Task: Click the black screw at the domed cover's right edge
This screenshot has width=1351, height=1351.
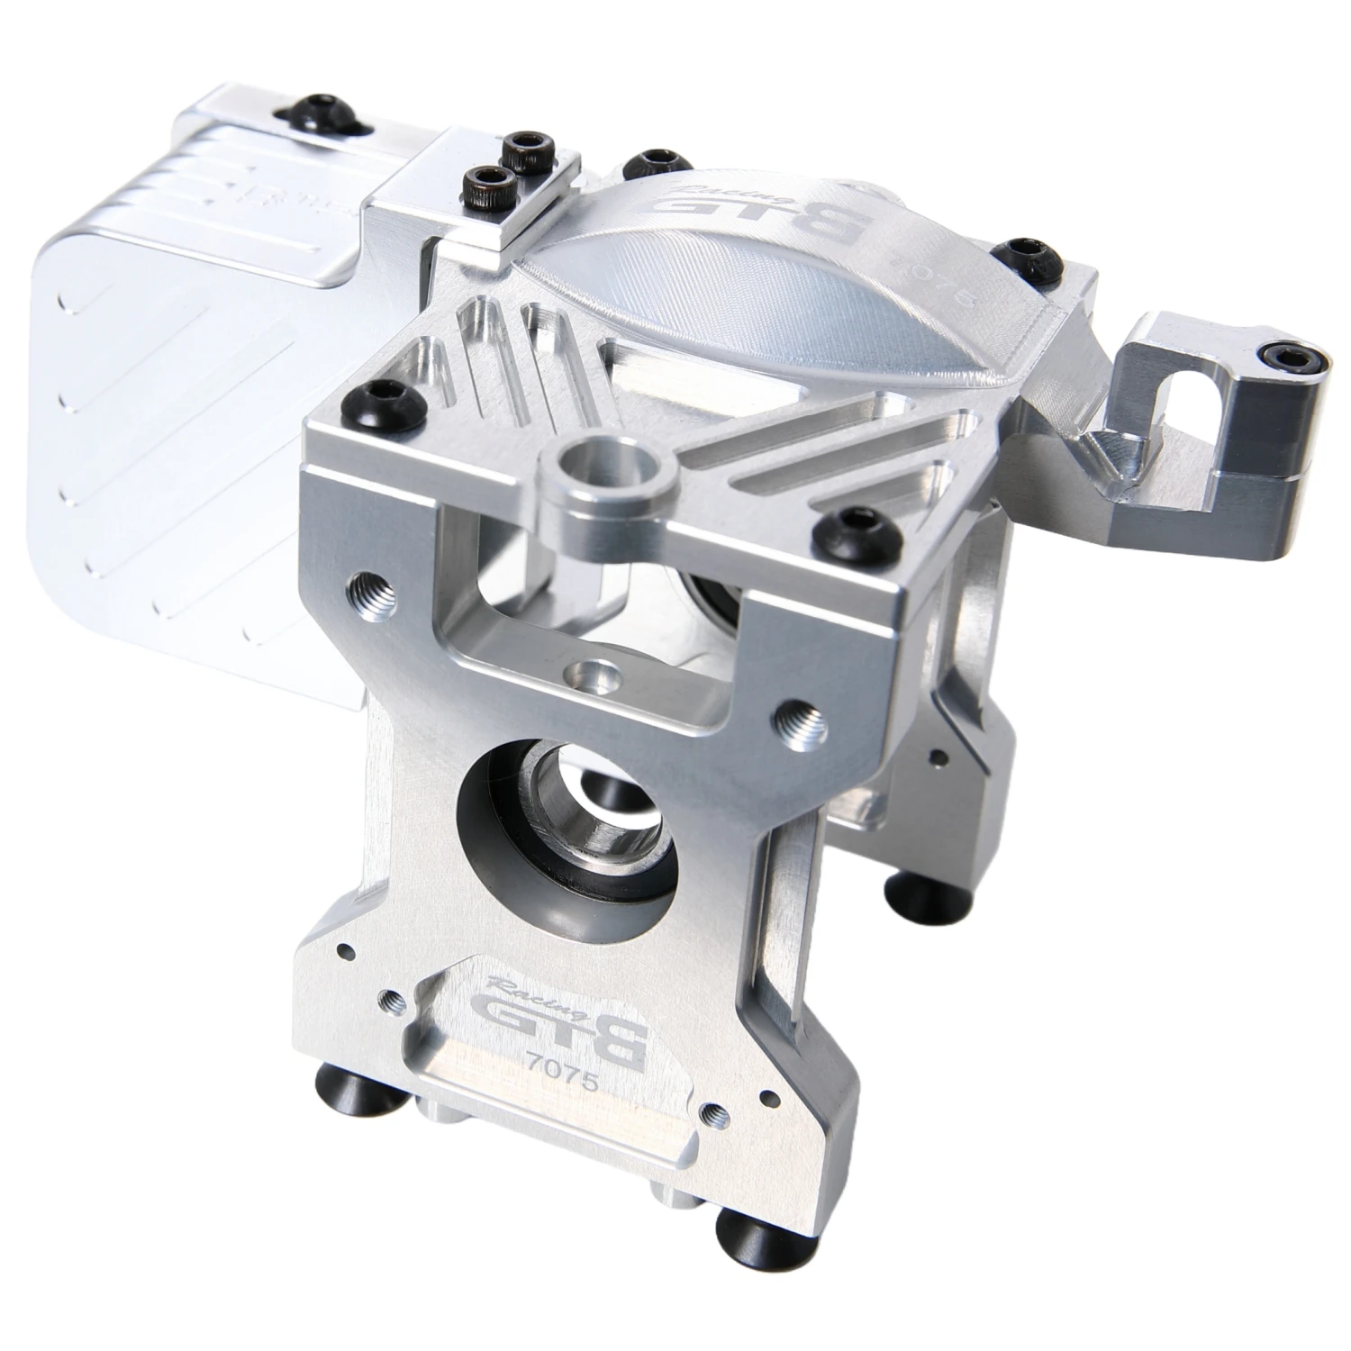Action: [x=1023, y=253]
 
